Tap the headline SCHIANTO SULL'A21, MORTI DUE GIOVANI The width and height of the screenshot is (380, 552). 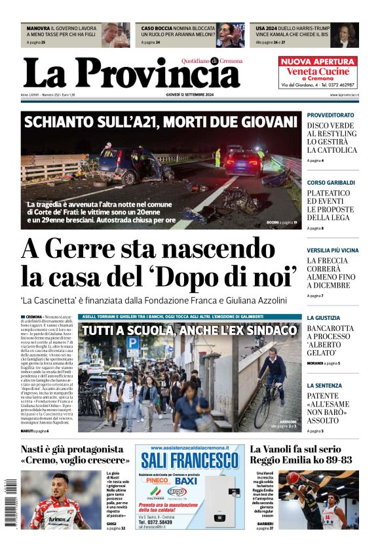160,121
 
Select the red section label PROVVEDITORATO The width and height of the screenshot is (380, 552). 331,115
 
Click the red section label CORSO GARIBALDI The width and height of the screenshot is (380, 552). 331,182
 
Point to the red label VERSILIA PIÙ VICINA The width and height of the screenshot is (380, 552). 333,250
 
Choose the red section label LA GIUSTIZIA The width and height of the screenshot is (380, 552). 324,317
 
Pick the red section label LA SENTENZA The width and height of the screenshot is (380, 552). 324,385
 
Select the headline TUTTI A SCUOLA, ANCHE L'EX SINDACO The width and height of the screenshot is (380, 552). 189,331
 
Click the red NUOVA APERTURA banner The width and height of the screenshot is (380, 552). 318,61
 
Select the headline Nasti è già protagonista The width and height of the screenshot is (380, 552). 72,450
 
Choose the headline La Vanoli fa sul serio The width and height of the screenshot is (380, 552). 295,450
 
